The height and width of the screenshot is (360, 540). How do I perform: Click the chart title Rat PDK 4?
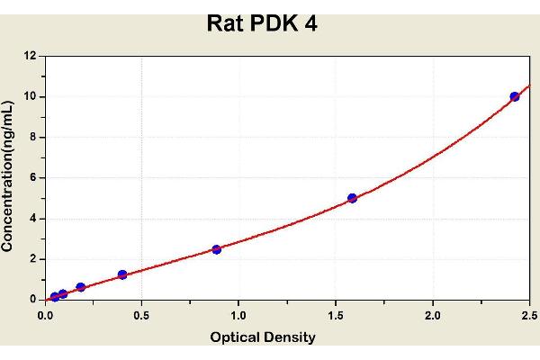(262, 22)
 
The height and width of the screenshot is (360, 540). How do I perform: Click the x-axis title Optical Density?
(263, 337)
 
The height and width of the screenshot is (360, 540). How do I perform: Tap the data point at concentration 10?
(514, 96)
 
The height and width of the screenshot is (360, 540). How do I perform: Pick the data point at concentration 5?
(352, 198)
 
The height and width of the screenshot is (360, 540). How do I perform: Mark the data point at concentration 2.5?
(217, 249)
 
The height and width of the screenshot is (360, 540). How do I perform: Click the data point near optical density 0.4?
(122, 274)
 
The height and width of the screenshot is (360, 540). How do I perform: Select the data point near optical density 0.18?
(81, 287)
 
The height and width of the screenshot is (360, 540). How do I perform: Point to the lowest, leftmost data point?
(55, 296)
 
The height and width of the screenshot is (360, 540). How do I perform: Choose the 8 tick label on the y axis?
(32, 137)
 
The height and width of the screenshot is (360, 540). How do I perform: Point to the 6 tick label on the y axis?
(32, 177)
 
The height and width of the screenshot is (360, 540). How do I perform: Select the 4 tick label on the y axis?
(32, 218)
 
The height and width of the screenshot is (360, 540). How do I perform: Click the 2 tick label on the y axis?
(32, 258)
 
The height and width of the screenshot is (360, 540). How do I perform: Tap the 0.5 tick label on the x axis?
(141, 316)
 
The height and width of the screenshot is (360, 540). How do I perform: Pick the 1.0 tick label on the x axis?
(238, 316)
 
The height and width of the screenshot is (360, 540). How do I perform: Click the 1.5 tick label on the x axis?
(336, 316)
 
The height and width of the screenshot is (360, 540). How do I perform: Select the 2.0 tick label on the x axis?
(433, 316)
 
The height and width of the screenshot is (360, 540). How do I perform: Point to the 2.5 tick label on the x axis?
(529, 316)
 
